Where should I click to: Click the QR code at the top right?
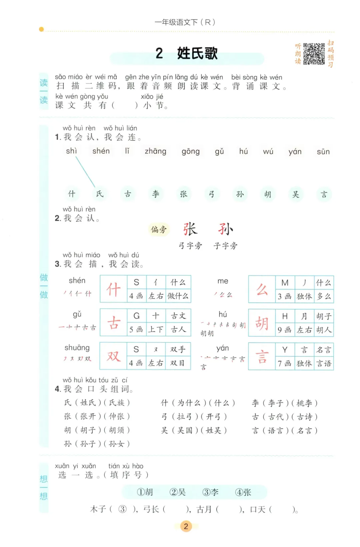pyautogui.click(x=314, y=53)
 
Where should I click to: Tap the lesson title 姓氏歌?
pyautogui.click(x=197, y=53)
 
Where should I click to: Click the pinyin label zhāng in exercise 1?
pyautogui.click(x=155, y=151)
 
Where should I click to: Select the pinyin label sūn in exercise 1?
pyautogui.click(x=323, y=152)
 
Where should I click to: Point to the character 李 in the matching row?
pyautogui.click(x=156, y=194)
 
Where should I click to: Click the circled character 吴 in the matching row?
pyautogui.click(x=296, y=194)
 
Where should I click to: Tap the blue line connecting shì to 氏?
pyautogui.click(x=85, y=172)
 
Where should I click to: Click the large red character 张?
pyautogui.click(x=190, y=229)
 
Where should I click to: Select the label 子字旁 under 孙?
pyautogui.click(x=225, y=246)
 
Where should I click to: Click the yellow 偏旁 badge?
pyautogui.click(x=159, y=229)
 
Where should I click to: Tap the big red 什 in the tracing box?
pyautogui.click(x=113, y=289)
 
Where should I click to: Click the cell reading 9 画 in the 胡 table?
pyautogui.click(x=285, y=330)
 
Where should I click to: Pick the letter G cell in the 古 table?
pyautogui.click(x=136, y=316)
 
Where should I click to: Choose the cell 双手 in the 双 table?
pyautogui.click(x=178, y=349)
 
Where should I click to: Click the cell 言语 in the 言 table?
pyautogui.click(x=324, y=363)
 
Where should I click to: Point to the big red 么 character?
pyautogui.click(x=262, y=289)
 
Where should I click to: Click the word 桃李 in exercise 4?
pyautogui.click(x=304, y=403)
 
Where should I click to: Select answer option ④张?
pyautogui.click(x=243, y=492)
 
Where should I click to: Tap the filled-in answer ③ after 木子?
pyautogui.click(x=122, y=509)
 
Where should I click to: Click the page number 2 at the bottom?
pyautogui.click(x=186, y=526)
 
